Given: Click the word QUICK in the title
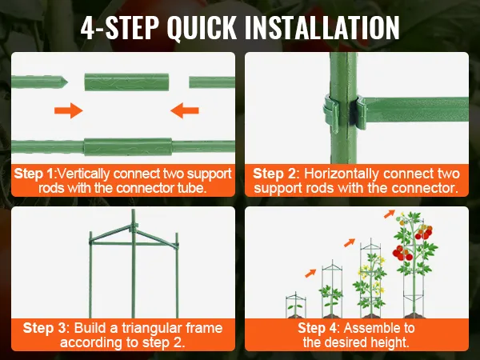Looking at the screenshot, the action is (202, 27).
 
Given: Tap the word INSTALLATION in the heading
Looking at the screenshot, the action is (322, 27).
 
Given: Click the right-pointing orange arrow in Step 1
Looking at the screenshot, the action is (69, 110).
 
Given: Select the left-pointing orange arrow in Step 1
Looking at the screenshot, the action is (185, 110).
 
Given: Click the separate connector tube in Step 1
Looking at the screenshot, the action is (126, 82).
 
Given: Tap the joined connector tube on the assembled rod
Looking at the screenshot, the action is (128, 147).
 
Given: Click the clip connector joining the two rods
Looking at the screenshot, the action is (346, 113).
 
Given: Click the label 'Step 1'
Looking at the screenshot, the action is (34, 174).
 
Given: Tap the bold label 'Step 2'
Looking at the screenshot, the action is (274, 174).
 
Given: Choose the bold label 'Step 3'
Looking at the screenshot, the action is (45, 328).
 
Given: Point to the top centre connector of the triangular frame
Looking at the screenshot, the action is (134, 227).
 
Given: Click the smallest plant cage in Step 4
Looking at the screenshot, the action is (296, 305).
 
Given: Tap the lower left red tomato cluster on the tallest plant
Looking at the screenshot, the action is (402, 253).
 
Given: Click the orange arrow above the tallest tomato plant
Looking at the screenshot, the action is (390, 214).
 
